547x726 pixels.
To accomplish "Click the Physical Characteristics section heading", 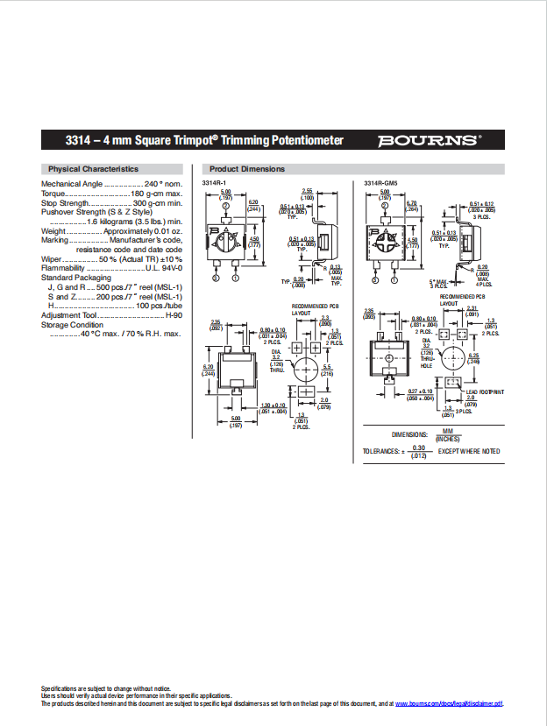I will click(x=93, y=168).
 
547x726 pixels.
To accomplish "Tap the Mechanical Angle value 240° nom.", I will click(x=163, y=184).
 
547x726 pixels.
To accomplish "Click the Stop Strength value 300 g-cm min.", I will click(x=158, y=203).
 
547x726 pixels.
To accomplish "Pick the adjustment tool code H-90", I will click(x=174, y=315).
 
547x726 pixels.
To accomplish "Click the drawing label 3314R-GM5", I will click(x=380, y=182).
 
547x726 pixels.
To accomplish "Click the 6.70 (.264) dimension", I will click(x=412, y=207).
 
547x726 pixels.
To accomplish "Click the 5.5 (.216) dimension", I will click(x=327, y=370).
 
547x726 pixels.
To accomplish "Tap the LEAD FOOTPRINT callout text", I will click(x=485, y=392).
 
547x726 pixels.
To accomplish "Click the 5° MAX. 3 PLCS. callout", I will click(x=438, y=283).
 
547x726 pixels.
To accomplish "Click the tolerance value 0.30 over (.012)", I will click(x=418, y=451).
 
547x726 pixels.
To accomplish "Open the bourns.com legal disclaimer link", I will click(x=449, y=703).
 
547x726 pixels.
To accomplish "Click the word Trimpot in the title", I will click(x=195, y=141).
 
